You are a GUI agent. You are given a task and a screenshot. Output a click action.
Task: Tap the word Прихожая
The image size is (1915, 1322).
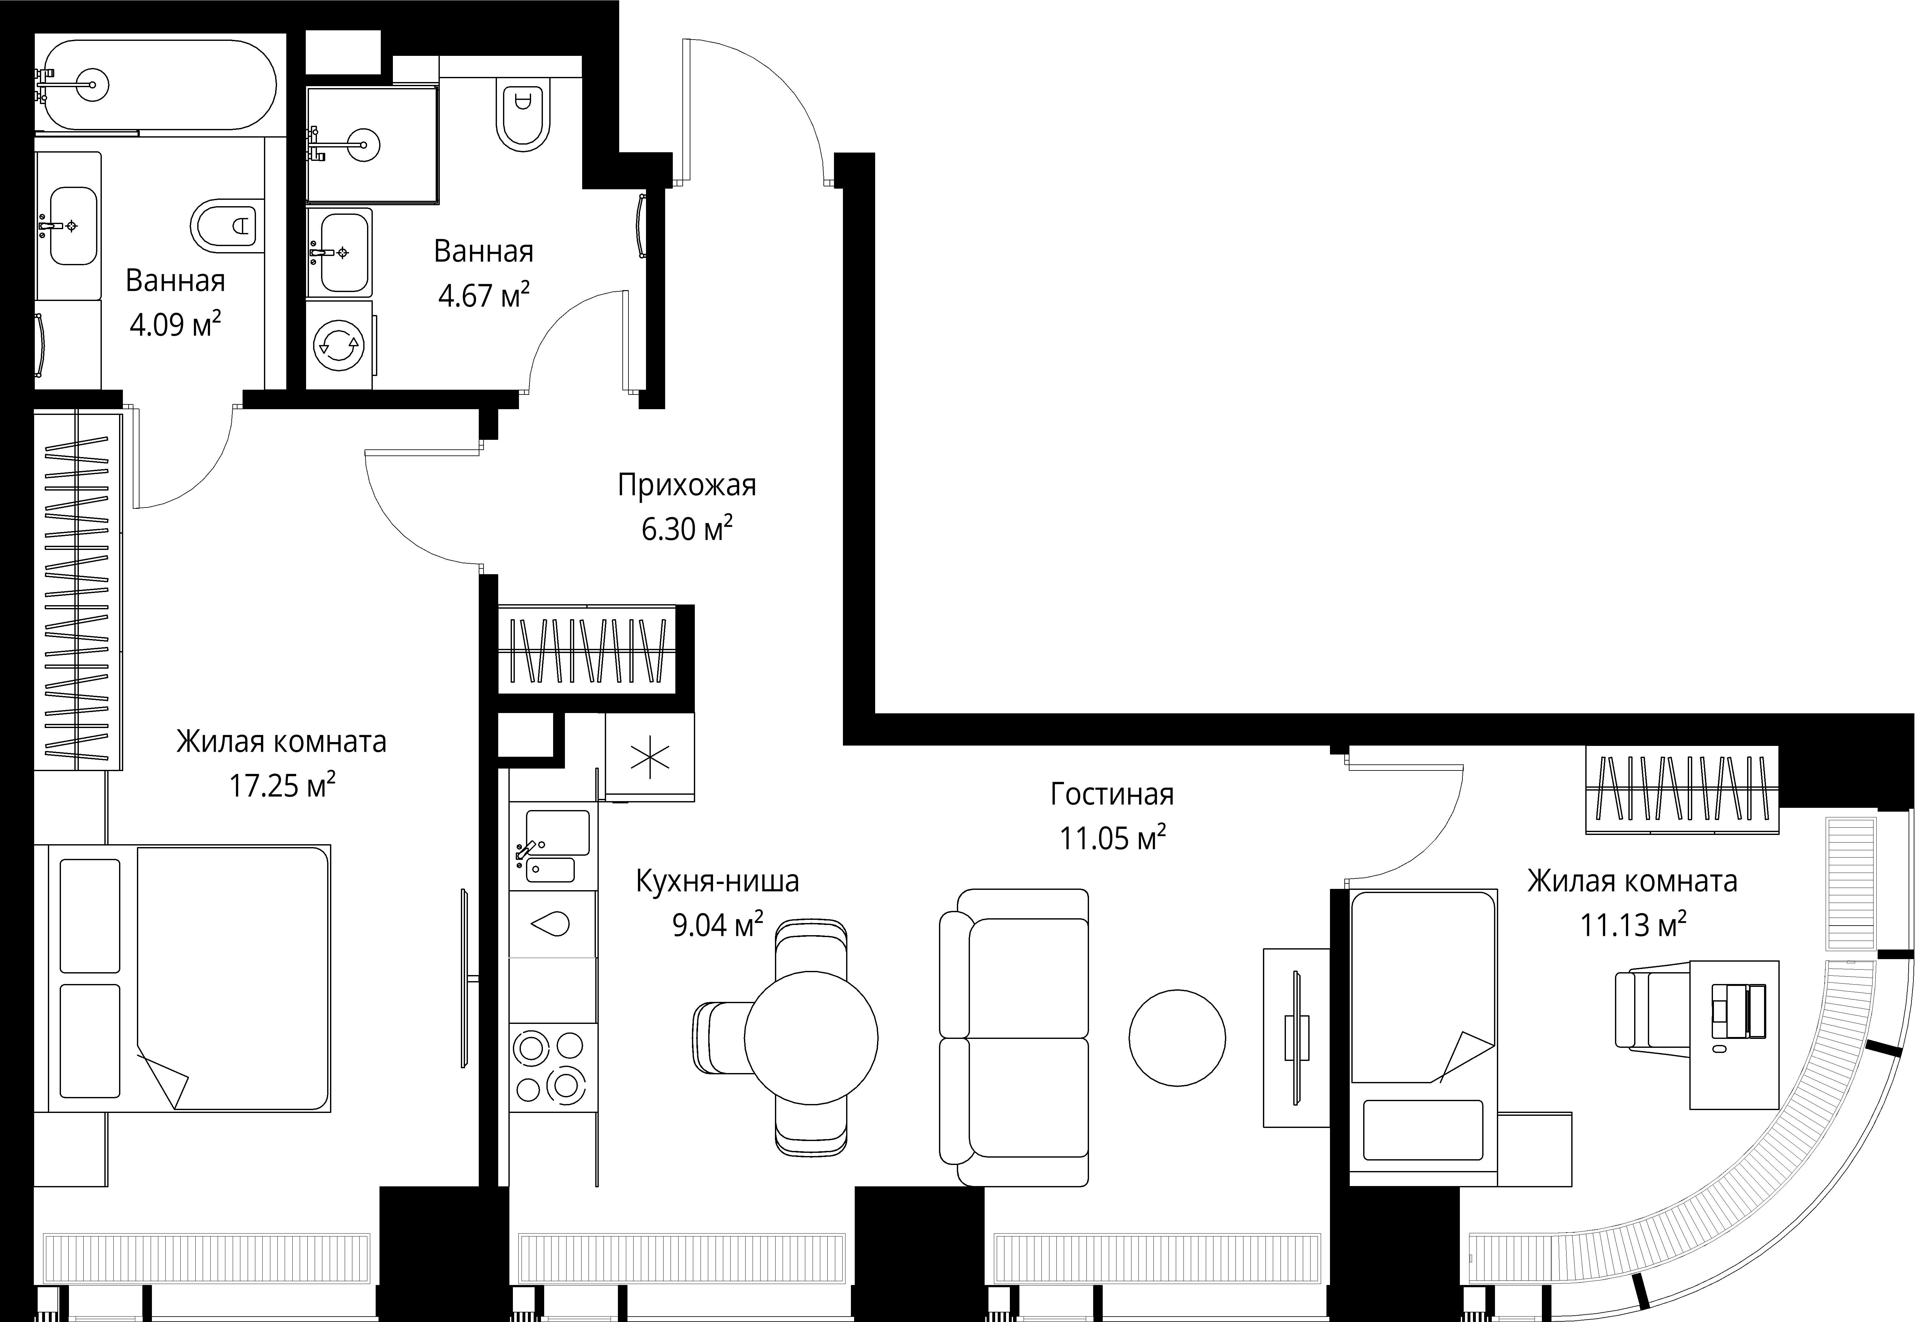click(687, 484)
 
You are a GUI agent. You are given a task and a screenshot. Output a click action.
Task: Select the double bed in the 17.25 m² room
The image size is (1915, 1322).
click(190, 977)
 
